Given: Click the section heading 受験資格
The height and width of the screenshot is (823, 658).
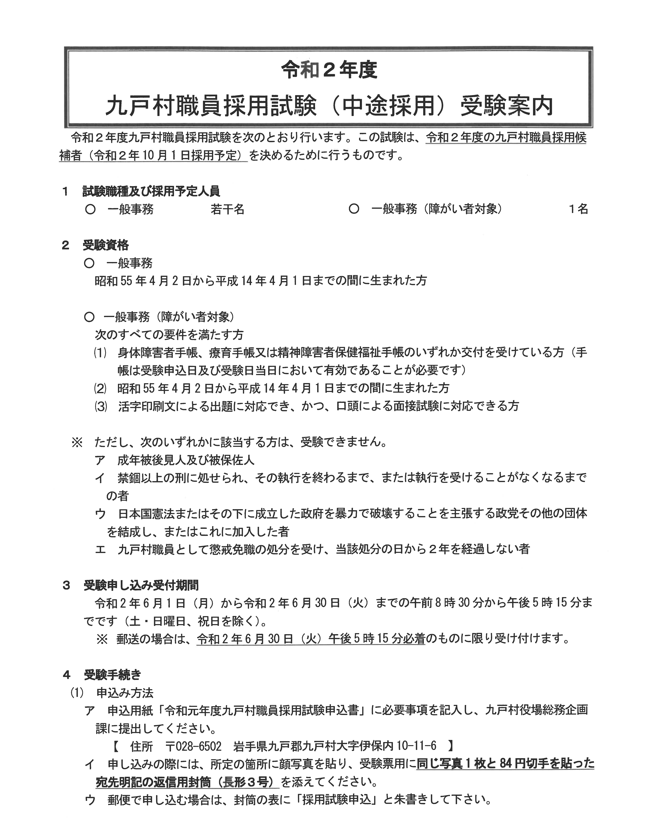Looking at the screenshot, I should tap(106, 245).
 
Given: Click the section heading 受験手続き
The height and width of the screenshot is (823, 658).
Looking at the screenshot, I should tap(113, 675).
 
